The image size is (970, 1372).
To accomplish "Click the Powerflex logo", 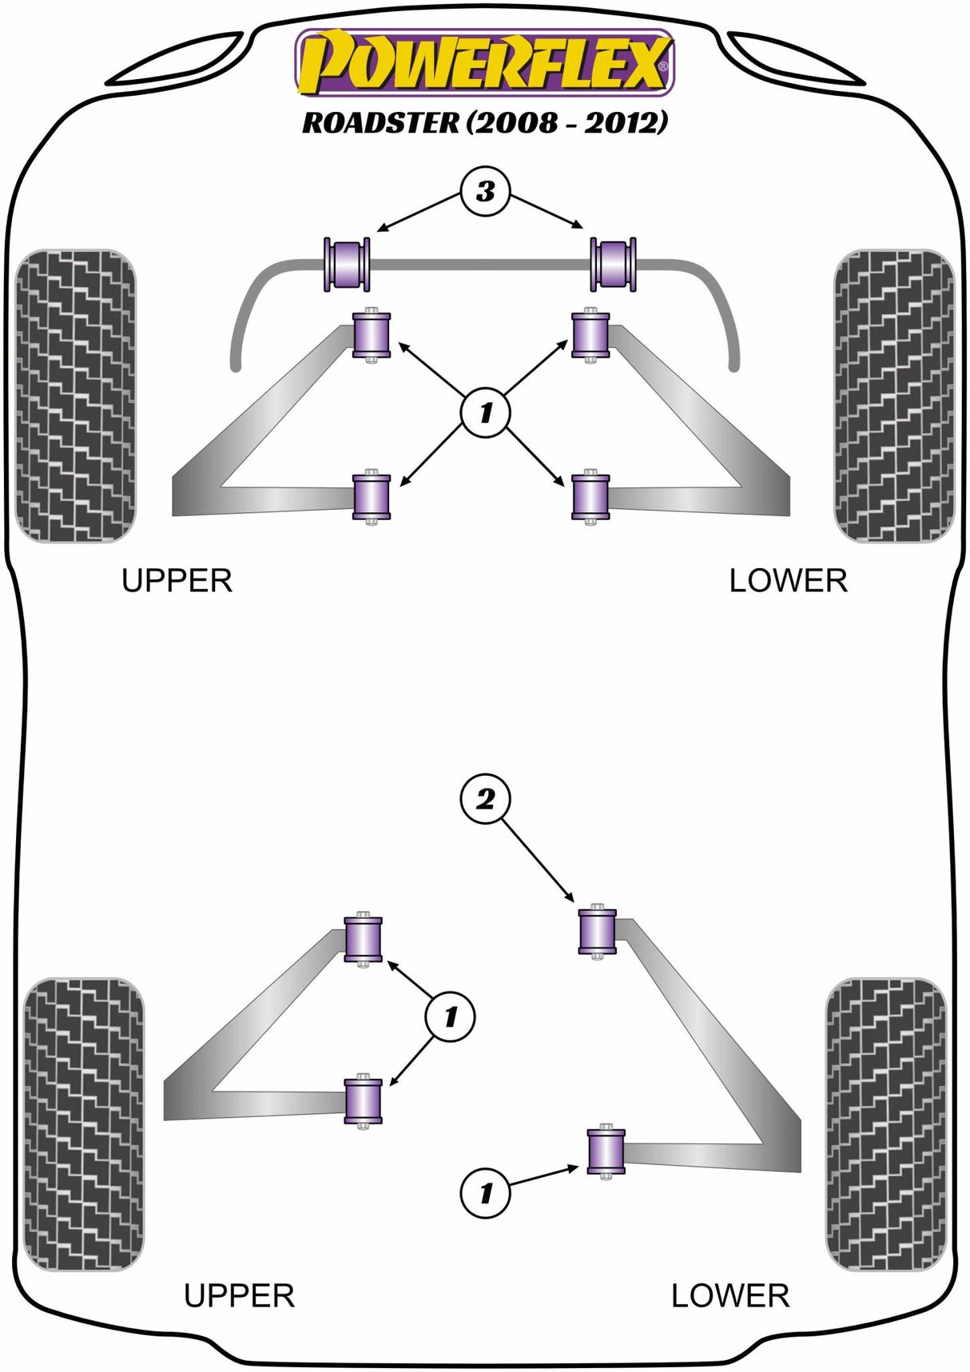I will pos(484,62).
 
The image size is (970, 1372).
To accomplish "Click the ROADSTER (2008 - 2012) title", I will pos(484,122).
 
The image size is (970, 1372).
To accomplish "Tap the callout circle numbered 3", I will pos(485,192).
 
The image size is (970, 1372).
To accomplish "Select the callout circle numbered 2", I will pos(485,798).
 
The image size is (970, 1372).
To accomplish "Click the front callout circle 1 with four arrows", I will pos(485,412).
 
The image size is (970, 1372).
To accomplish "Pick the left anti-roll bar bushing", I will pos(347,264).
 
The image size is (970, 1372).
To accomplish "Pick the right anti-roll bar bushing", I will pos(613,264).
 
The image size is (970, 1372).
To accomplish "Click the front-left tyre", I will pos(76,396).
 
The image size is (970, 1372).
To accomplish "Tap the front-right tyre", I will pos(893,396).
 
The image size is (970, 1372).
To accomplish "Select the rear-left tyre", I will pos(84,1123).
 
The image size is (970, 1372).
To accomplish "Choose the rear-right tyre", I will pos(885,1123).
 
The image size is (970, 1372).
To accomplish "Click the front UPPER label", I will pos(177,581).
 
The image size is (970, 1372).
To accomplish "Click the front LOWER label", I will pos(788,581).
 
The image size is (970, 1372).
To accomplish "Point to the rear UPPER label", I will pos(239,1295).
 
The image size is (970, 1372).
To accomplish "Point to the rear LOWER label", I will pos(729,1295).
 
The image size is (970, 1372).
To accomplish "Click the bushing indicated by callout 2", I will pos(597,930).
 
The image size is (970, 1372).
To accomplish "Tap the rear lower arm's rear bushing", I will pos(606,1151).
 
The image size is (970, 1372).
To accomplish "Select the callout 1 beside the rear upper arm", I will pos(450,1016).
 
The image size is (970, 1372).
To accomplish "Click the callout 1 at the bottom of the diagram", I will pos(485,1194).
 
